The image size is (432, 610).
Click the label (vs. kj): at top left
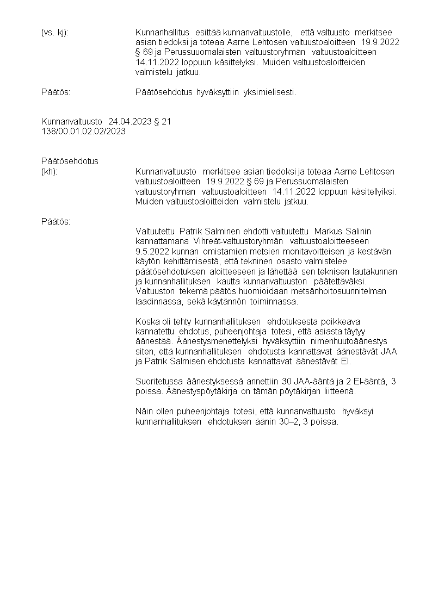click(54, 33)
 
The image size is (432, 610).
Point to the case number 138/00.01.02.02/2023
click(84, 131)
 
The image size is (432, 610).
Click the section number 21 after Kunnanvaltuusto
click(166, 121)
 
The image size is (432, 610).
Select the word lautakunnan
click(375, 271)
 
